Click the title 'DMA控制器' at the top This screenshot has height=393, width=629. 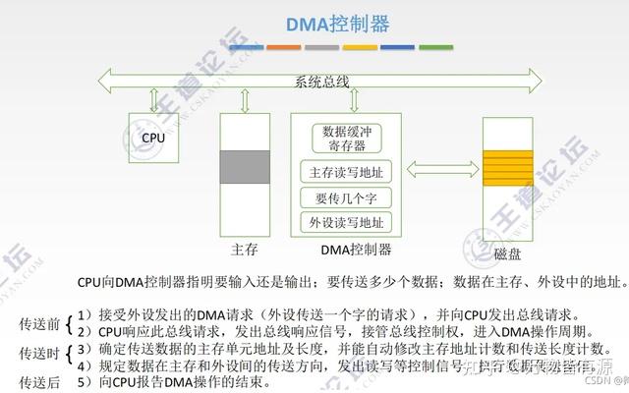[x=335, y=23]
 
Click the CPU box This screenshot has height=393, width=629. [x=153, y=138]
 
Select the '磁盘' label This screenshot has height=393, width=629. [x=507, y=253]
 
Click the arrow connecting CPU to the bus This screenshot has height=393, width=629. [x=153, y=99]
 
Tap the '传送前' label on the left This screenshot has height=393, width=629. [x=39, y=323]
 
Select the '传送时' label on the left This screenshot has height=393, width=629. [x=39, y=353]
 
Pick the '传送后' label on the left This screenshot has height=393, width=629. [x=39, y=381]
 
